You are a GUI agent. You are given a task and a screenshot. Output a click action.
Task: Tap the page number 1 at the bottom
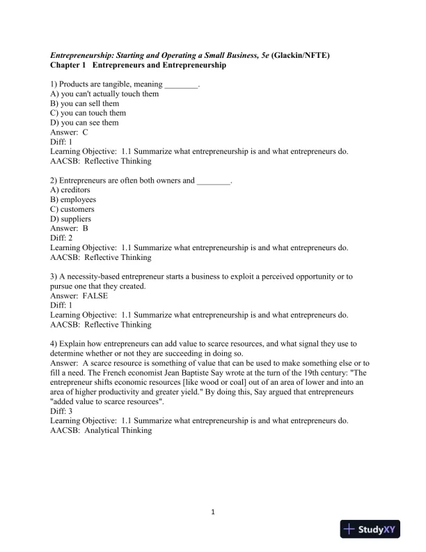tap(213, 514)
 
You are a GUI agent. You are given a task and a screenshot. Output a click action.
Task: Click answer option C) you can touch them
tap(88, 112)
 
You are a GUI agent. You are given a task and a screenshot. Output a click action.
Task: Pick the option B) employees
tap(73, 199)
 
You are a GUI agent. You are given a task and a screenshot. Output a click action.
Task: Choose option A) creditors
tap(70, 190)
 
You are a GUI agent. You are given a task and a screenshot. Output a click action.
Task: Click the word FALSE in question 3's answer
tap(95, 296)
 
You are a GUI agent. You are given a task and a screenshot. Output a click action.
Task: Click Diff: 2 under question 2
tap(62, 238)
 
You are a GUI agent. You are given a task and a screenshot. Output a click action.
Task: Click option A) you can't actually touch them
tap(104, 93)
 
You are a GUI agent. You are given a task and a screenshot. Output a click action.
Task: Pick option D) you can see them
tap(84, 123)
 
